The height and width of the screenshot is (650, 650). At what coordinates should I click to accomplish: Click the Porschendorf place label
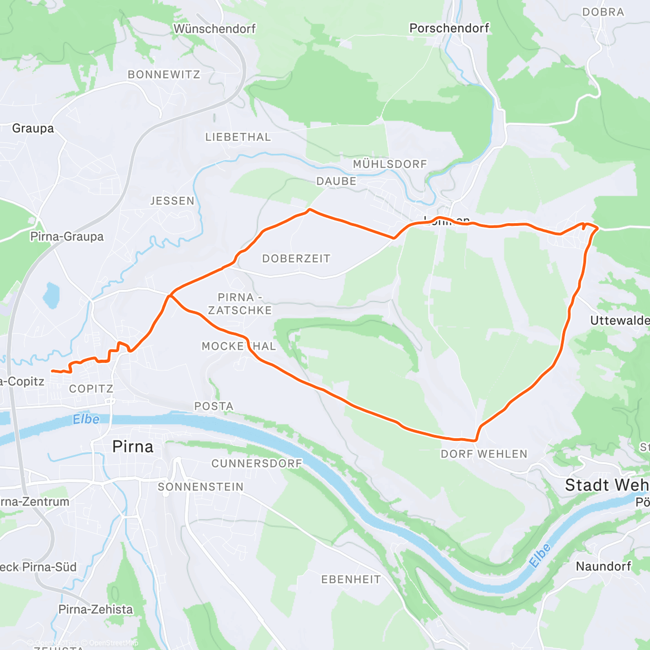(449, 28)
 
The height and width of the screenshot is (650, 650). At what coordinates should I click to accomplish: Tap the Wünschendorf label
(214, 29)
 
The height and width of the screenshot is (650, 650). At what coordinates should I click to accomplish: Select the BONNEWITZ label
(164, 75)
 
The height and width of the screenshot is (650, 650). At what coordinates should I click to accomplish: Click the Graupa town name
(33, 128)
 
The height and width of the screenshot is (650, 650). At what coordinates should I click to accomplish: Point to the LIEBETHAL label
(238, 137)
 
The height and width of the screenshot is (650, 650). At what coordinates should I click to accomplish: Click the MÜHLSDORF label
(390, 164)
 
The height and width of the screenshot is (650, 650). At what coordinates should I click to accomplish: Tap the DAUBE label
(336, 181)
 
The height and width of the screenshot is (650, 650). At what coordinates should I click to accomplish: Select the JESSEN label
(172, 201)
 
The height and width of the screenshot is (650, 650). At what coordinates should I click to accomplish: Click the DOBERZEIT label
(296, 259)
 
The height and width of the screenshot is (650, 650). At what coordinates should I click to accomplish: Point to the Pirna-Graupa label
(67, 237)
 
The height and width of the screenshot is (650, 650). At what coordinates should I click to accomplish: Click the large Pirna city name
(133, 447)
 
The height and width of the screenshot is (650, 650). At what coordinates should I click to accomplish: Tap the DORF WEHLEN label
(484, 454)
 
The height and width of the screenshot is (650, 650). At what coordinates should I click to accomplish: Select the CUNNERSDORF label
(257, 464)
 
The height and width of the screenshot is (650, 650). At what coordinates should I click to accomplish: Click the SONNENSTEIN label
(201, 487)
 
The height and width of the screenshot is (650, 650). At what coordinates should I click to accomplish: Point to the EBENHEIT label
(351, 580)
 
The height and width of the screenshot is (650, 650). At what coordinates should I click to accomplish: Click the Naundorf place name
(603, 567)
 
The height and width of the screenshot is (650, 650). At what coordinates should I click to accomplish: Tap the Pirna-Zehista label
(95, 609)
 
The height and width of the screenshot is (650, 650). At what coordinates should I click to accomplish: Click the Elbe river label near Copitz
(86, 419)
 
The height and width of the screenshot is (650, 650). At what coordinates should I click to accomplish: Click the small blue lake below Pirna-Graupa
(50, 295)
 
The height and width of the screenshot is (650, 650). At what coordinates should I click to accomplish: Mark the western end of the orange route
(52, 371)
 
